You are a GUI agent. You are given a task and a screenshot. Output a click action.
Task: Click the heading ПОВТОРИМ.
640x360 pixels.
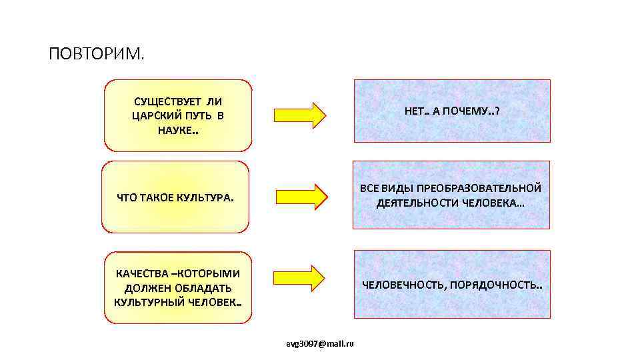96,53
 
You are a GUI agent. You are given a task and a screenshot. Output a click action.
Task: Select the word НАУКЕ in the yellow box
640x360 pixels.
175,129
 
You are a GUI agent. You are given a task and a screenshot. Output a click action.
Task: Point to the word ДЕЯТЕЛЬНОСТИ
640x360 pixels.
417,203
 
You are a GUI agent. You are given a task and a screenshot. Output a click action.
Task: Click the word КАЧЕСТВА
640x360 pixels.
138,274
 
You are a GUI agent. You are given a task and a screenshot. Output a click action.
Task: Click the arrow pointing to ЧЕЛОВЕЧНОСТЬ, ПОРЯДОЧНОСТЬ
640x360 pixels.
299,277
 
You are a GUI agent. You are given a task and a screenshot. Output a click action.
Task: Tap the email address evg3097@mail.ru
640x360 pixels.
319,343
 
